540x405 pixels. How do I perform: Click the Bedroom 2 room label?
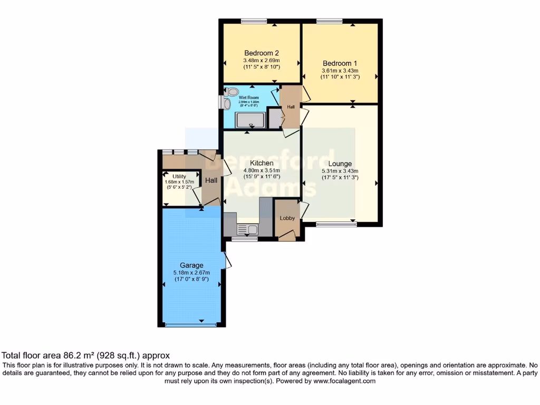point(261,53)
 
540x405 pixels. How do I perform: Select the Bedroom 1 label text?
point(340,63)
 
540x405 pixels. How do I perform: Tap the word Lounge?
point(340,163)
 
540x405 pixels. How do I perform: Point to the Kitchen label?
point(261,163)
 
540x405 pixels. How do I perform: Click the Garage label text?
point(191,265)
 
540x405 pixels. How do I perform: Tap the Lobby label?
point(287,218)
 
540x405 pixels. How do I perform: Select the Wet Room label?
point(247,98)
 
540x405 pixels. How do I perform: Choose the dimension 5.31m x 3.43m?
point(340,171)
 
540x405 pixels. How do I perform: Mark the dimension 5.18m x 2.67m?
point(191,273)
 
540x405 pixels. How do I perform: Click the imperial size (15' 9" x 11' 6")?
point(261,177)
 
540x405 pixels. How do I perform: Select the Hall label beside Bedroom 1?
point(291,107)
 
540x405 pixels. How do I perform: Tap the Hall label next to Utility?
point(211,180)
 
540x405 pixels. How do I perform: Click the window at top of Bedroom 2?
point(255,22)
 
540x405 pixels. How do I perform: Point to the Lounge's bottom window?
point(336,225)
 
